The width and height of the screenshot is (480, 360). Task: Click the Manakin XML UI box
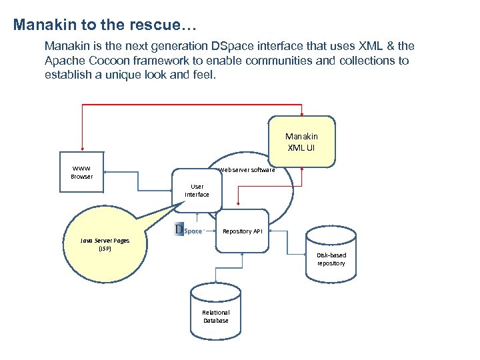tap(301, 141)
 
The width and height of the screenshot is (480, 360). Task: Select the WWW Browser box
tap(81, 173)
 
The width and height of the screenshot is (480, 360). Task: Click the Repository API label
tap(243, 231)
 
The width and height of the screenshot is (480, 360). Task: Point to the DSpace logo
tap(189, 231)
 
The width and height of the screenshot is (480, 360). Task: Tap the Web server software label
tap(247, 170)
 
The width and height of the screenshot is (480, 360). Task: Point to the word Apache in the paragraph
tap(65, 61)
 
